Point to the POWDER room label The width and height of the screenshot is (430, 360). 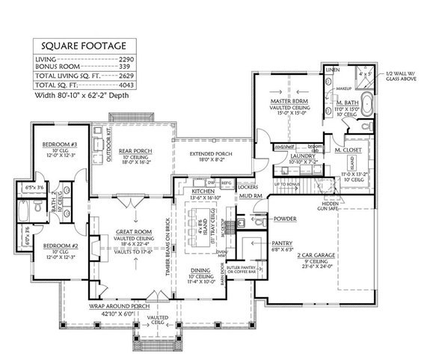click(284, 220)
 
